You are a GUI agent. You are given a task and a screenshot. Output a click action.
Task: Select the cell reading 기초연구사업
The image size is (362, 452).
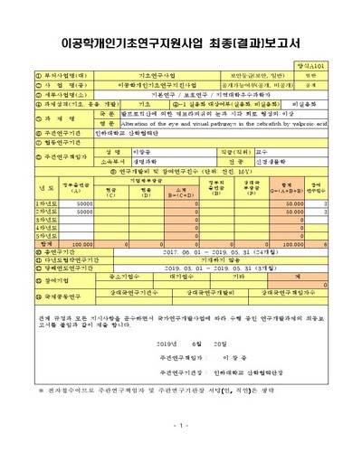click(x=152, y=76)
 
